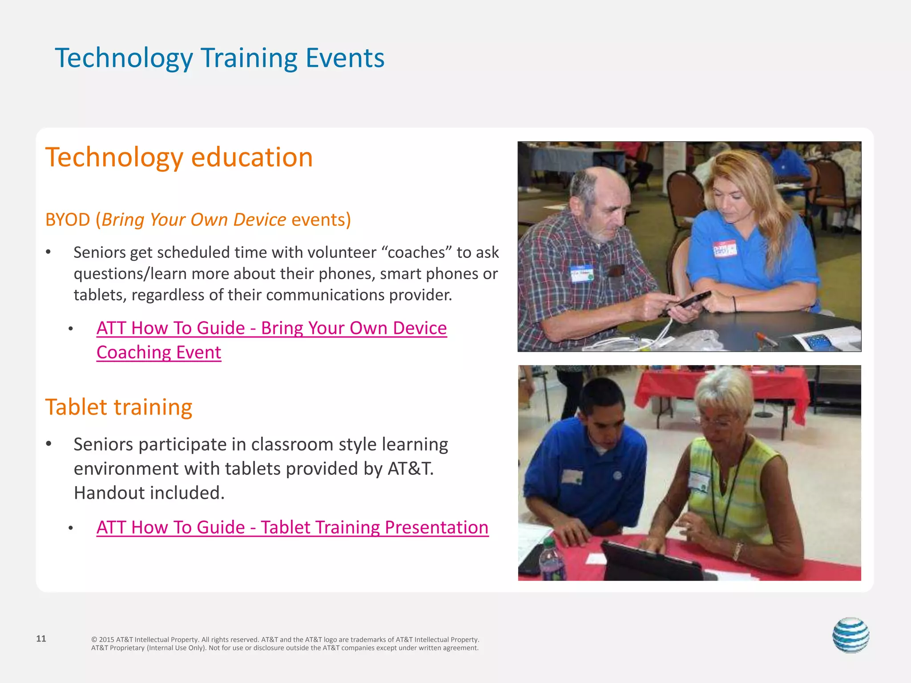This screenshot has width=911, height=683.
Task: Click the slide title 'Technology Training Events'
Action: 219,58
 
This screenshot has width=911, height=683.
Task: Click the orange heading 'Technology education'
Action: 179,157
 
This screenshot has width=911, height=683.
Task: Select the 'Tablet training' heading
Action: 118,407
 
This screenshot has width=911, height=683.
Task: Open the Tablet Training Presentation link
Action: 292,527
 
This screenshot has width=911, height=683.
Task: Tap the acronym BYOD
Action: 68,220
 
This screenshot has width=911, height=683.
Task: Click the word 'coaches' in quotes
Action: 416,252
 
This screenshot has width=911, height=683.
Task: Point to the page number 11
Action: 41,639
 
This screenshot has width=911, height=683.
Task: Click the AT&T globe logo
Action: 851,635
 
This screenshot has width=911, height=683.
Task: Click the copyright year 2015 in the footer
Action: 106,639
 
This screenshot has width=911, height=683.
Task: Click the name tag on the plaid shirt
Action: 581,274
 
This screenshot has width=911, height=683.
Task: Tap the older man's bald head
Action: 601,180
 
